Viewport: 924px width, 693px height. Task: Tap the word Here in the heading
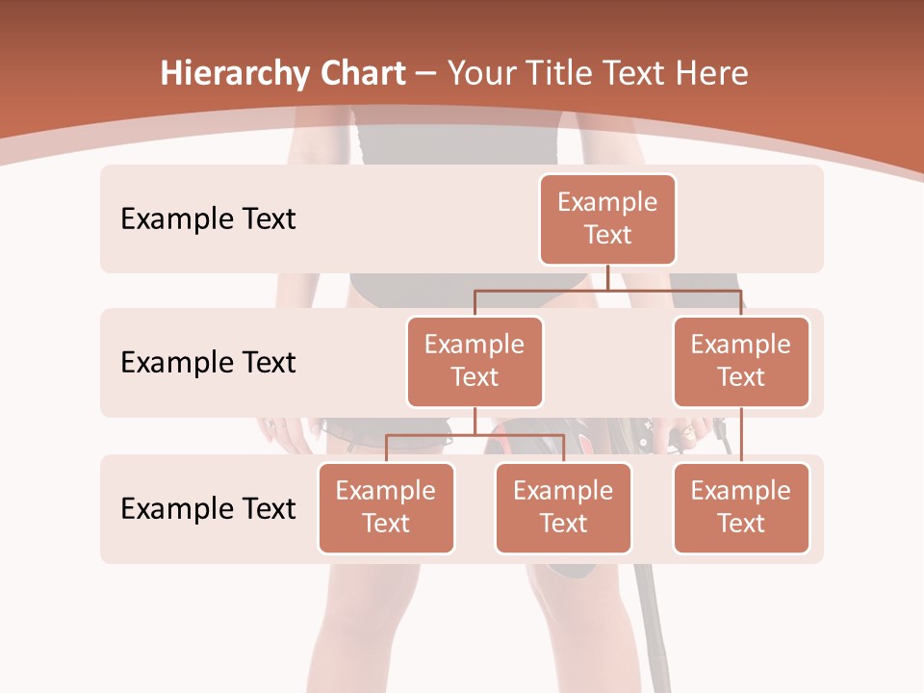coord(713,74)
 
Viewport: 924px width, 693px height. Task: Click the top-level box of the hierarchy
coord(607,219)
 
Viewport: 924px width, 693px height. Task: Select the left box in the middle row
coord(475,362)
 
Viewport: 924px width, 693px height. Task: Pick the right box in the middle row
coord(741,362)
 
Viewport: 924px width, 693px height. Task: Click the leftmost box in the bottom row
coord(386,508)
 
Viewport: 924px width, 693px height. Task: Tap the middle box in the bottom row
coord(563,508)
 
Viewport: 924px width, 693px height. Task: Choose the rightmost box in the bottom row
coord(741,508)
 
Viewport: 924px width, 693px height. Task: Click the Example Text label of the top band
coord(208,219)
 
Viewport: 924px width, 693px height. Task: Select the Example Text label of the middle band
coord(208,363)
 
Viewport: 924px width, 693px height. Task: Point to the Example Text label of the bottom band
coord(208,509)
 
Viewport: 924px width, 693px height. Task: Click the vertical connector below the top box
coord(607,277)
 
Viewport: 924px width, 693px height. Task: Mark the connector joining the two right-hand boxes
coord(741,435)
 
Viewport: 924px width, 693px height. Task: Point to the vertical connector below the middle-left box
coord(475,421)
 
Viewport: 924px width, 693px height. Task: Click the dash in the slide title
coord(425,74)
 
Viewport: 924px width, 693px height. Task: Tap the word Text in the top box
coord(607,236)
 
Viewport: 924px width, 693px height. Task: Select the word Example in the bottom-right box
coord(741,492)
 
